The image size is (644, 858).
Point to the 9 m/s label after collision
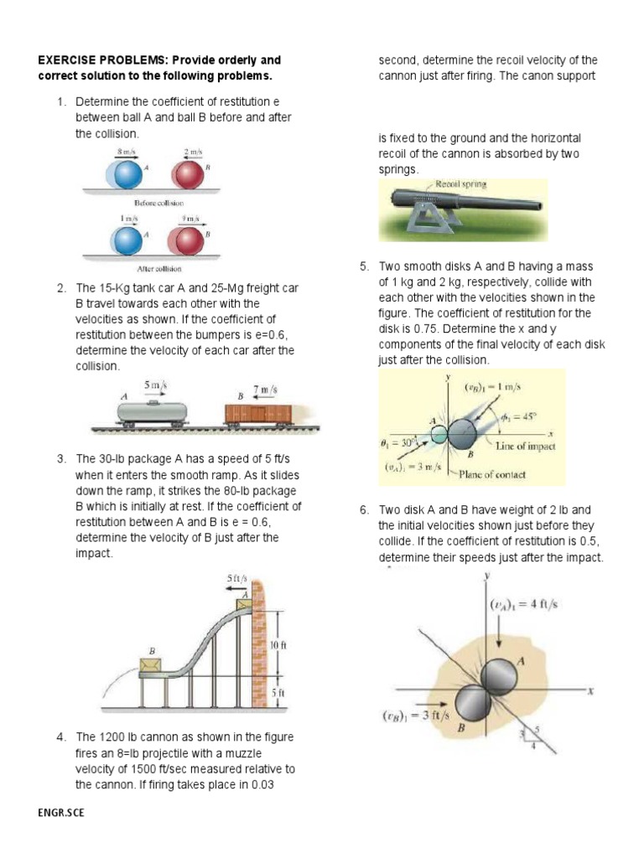[x=190, y=219]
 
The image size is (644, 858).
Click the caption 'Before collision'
[x=159, y=203]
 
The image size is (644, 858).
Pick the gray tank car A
[x=152, y=411]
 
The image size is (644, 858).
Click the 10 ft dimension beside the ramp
[x=278, y=645]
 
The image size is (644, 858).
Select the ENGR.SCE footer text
[x=61, y=812]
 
